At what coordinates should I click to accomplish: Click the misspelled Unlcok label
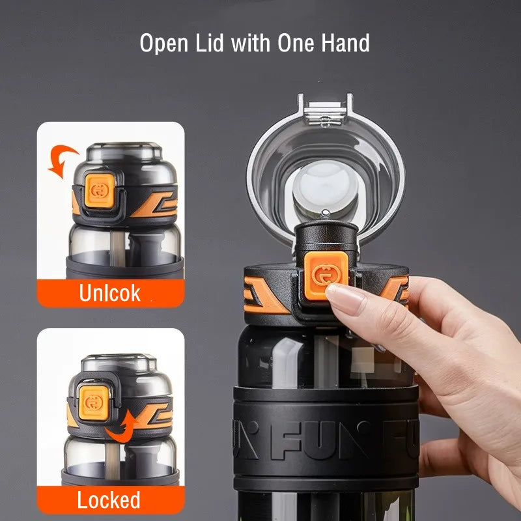109,292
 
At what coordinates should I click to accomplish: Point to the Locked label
109,500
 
